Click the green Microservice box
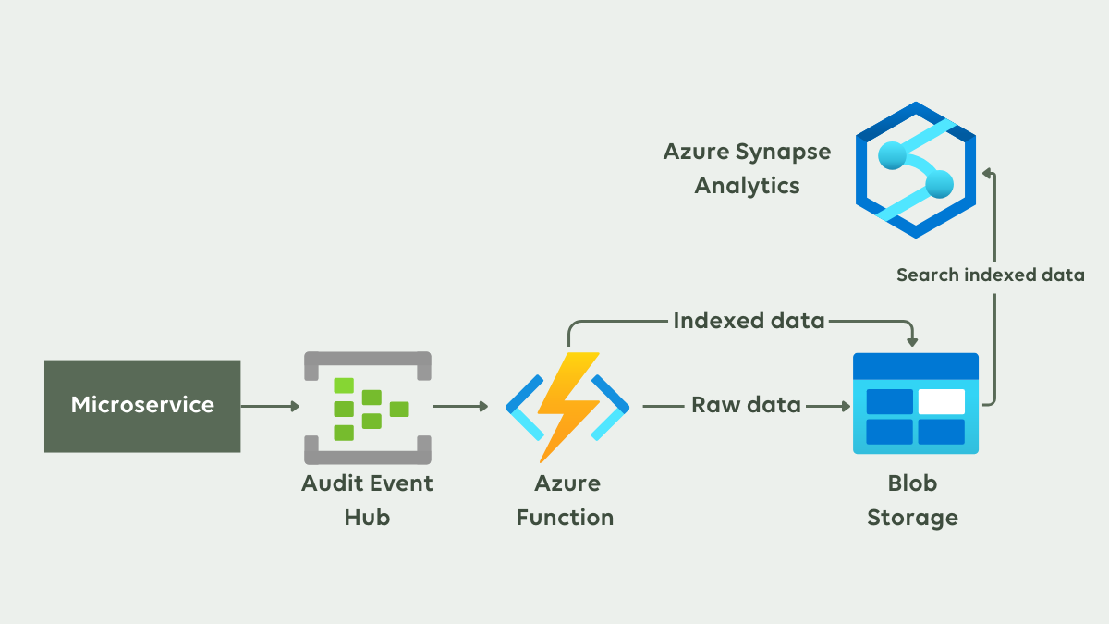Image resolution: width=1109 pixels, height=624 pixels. click(142, 406)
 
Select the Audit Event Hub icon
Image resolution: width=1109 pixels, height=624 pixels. click(368, 407)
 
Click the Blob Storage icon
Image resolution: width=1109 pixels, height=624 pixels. click(915, 403)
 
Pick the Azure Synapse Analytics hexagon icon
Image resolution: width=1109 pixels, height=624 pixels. click(915, 170)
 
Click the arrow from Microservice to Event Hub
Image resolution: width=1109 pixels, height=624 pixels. click(270, 406)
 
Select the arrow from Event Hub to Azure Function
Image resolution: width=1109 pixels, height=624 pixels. click(460, 406)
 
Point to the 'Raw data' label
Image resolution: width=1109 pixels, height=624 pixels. click(746, 405)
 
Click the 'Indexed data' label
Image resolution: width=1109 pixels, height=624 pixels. click(749, 321)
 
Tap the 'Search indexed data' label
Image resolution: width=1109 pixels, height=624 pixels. click(990, 275)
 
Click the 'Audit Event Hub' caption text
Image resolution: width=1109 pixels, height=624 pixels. click(367, 500)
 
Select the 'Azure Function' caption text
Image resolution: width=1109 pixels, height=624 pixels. click(565, 500)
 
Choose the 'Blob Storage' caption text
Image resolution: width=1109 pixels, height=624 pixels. click(913, 500)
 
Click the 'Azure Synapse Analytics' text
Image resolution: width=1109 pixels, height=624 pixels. click(747, 168)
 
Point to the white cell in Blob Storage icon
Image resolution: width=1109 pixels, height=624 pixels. click(941, 401)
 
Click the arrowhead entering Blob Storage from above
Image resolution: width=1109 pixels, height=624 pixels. click(913, 342)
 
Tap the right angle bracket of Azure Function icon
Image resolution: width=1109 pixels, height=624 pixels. click(612, 406)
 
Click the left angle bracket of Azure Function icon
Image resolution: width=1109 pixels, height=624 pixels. click(522, 406)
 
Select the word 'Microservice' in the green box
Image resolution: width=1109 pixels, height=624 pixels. click(142, 404)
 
